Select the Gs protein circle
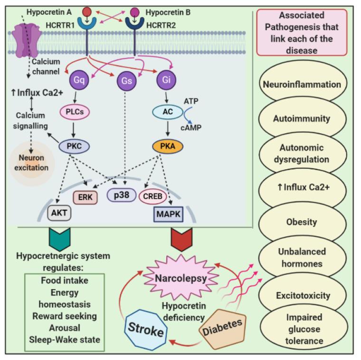pyautogui.click(x=125, y=81)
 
